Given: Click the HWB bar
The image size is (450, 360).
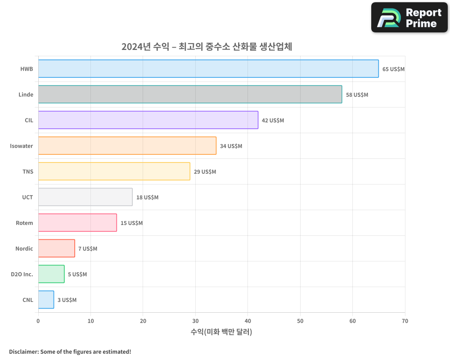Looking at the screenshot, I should point(208,69).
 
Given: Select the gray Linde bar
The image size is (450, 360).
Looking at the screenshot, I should point(190,94).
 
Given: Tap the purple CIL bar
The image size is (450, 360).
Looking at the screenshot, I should point(148,120).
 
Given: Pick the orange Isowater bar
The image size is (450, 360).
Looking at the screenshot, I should point(127,146).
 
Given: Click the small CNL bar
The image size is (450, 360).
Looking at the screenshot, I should point(46,300).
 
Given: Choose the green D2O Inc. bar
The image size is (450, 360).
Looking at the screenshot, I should point(51,274).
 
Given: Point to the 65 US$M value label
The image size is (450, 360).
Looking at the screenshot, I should point(393,69).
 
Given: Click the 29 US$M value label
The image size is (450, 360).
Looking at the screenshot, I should point(205,172).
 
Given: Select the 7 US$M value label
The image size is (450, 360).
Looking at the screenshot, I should point(87,249).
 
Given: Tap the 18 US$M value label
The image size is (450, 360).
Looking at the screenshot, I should point(147,198).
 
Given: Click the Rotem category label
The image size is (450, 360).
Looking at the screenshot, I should point(24,223).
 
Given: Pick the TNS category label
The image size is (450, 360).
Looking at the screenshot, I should point(27,172).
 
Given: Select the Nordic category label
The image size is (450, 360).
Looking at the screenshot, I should point(24,249).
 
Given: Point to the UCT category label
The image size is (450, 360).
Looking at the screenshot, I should point(27,198).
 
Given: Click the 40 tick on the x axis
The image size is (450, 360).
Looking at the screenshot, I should point(247,321).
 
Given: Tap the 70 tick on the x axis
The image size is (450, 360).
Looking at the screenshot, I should point(405,321).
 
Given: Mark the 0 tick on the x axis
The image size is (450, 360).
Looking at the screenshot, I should point(38,321).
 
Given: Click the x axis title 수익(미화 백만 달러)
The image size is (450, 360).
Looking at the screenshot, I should point(221,332).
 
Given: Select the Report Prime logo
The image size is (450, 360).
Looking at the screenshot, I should point(409,18).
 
